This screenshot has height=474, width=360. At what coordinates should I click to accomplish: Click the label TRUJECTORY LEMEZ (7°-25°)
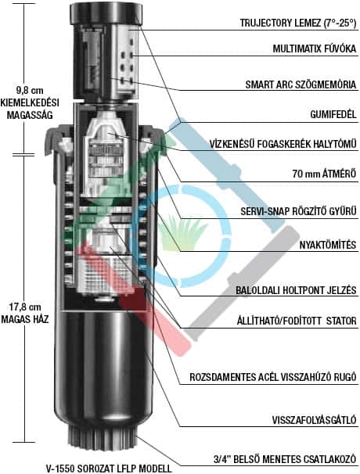click(298, 23)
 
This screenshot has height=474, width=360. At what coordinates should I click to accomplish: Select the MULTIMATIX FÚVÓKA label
click(315, 48)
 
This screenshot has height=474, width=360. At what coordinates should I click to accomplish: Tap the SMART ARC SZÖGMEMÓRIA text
click(301, 84)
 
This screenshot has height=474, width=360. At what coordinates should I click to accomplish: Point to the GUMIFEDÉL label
click(333, 114)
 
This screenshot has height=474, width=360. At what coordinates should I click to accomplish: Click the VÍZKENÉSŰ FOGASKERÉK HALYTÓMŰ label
click(283, 144)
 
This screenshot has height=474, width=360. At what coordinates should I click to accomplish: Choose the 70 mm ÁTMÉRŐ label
click(324, 174)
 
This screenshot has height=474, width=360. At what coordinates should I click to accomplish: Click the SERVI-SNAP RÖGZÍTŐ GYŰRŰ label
click(299, 211)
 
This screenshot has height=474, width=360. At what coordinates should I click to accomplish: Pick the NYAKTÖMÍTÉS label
click(328, 245)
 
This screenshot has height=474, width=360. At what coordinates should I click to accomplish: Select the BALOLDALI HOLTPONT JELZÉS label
click(296, 290)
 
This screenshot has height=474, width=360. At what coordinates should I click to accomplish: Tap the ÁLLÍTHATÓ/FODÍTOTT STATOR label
click(297, 321)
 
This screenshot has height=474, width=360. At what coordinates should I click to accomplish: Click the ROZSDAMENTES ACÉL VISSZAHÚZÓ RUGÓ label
click(273, 377)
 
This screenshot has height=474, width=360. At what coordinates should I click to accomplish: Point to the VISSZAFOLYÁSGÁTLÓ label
click(315, 420)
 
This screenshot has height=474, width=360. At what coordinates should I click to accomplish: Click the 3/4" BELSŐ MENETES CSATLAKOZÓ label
click(285, 459)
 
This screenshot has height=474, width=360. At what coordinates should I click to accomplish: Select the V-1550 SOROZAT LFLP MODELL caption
click(109, 469)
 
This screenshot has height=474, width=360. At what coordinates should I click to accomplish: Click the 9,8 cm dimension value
click(30, 90)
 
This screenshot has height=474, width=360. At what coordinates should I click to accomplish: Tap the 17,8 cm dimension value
click(25, 307)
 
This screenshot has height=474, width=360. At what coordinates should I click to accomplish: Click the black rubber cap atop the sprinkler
click(106, 13)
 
